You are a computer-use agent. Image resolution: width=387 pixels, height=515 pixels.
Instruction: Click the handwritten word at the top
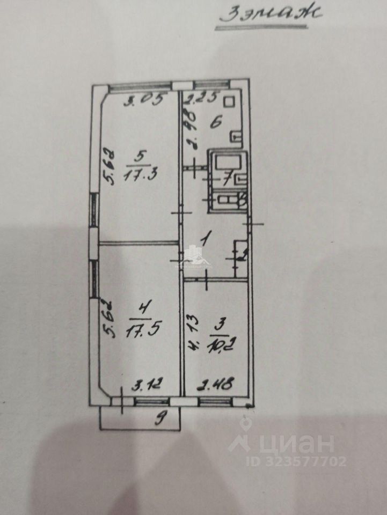coord(271,13)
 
